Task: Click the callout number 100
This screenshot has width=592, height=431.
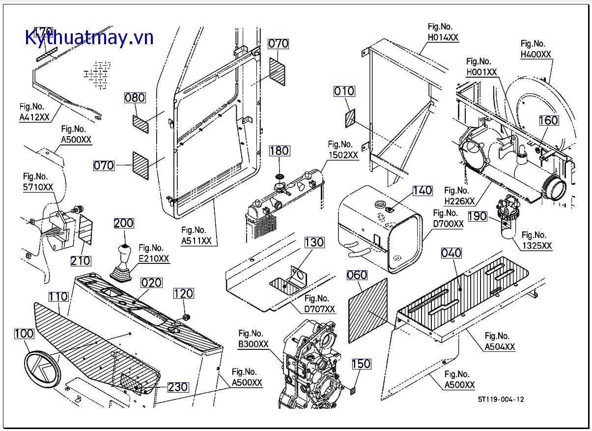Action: click(24, 334)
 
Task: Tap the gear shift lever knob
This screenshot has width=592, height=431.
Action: click(123, 254)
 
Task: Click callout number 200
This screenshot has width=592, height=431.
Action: click(123, 223)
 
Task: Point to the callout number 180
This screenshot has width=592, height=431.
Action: click(279, 151)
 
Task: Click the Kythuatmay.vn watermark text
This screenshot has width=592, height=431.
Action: click(89, 37)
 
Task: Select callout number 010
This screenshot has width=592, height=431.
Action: click(344, 91)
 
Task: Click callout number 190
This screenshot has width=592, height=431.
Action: click(477, 216)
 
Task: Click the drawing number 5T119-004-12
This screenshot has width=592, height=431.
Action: click(500, 399)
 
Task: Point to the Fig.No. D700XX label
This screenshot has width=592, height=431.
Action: click(448, 219)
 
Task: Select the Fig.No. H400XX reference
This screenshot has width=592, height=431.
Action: click(536, 49)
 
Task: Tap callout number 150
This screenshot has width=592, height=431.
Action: click(361, 364)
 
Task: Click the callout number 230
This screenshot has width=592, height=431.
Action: click(178, 387)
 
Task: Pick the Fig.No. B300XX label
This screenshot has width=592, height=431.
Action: click(253, 339)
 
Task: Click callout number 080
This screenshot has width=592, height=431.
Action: click(134, 98)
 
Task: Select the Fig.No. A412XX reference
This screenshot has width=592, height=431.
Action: click(34, 112)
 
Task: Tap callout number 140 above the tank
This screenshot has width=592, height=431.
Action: click(422, 191)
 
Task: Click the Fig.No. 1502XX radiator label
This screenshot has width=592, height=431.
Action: click(343, 149)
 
